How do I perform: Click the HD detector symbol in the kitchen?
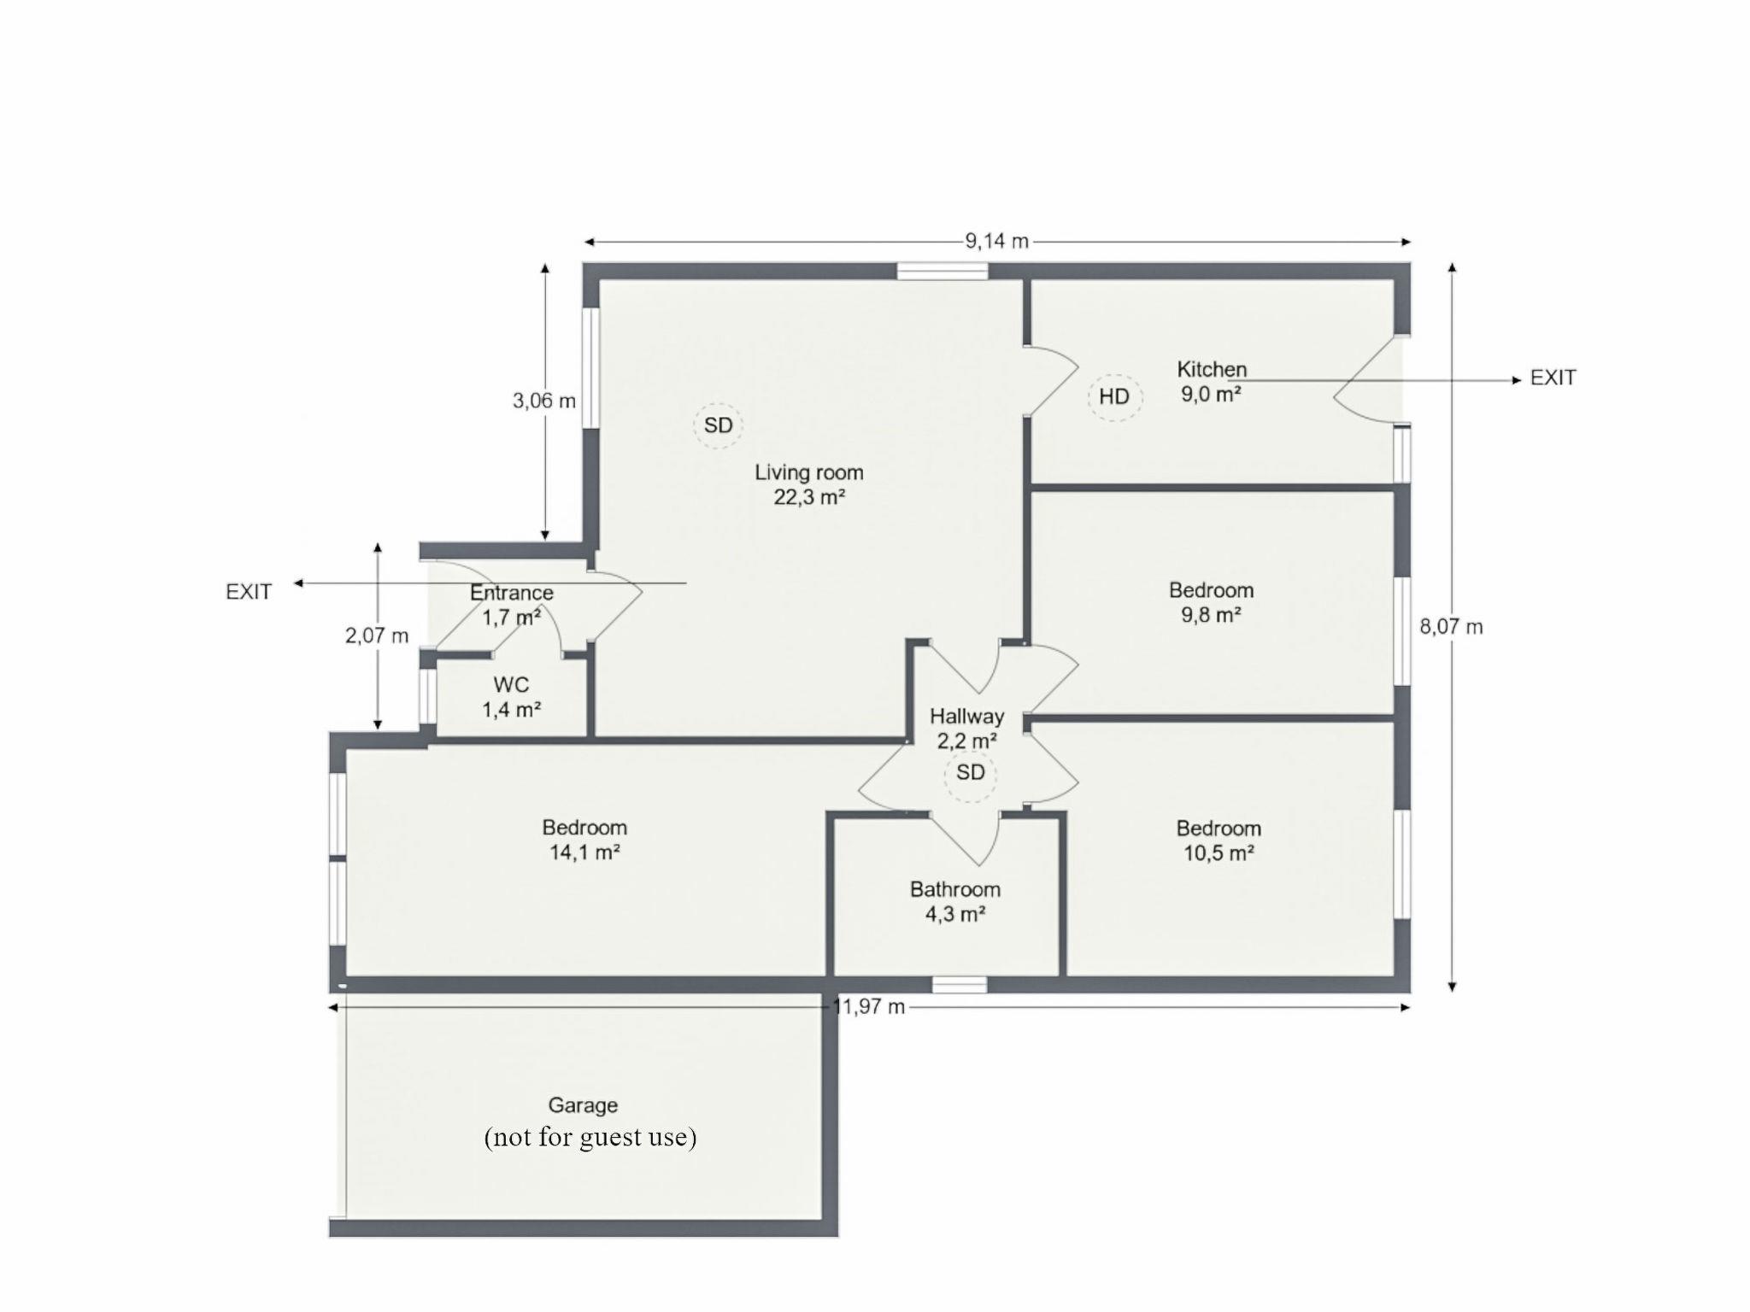pos(1114,397)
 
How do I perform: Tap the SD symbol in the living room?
pos(718,425)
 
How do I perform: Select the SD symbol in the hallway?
pos(970,774)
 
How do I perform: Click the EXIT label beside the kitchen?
pos(1553,378)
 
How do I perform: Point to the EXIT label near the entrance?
pos(249,592)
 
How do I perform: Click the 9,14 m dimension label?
pos(997,242)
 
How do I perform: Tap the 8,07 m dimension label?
pos(1451,627)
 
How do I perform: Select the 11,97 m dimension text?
pos(869,1007)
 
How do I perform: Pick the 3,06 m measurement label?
pos(544,401)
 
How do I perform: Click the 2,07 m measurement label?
pos(377,635)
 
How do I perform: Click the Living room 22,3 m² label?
pos(809,484)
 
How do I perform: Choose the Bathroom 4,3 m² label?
pos(955,902)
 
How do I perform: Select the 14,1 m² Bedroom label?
pos(584,840)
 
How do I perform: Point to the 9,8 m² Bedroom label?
pos(1212,602)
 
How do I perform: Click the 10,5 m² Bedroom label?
pos(1219,840)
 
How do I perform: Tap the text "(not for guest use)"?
pos(590,1138)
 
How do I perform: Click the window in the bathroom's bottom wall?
pos(960,985)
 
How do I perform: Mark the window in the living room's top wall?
pos(943,272)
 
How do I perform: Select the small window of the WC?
pos(427,696)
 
